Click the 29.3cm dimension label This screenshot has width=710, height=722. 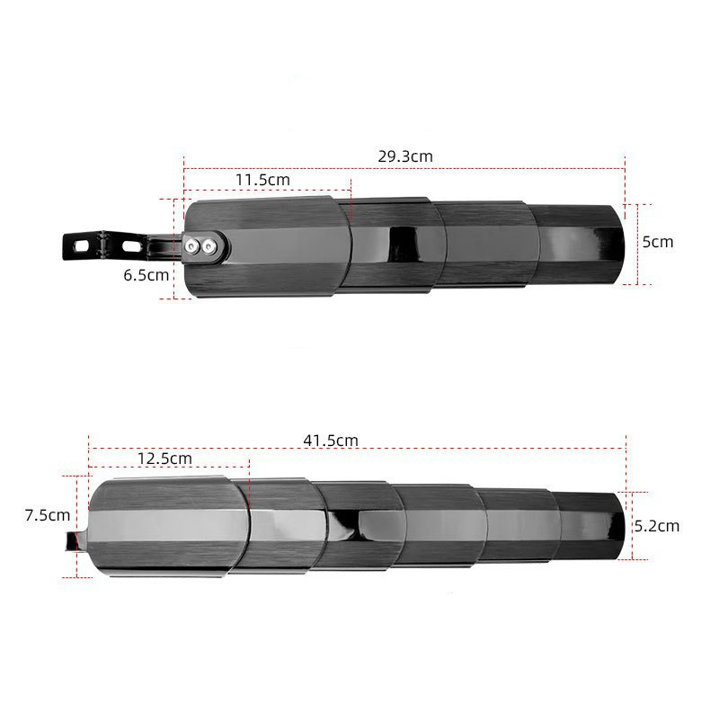click(405, 156)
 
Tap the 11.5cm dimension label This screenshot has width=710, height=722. click(262, 180)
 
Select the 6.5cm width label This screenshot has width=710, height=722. click(146, 275)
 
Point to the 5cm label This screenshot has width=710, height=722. click(658, 242)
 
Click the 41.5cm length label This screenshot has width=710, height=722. click(331, 441)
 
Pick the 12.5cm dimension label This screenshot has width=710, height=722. click(164, 459)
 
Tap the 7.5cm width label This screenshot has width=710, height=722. click(48, 515)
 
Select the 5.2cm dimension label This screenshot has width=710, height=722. click(657, 526)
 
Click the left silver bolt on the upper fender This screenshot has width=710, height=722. click(191, 246)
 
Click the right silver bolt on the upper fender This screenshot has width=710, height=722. click(209, 247)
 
